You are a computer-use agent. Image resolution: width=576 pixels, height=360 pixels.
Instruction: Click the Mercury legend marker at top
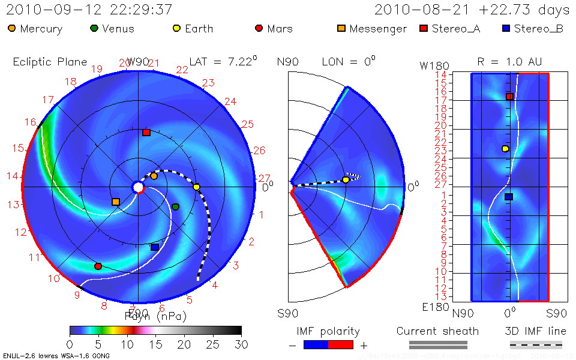(12, 28)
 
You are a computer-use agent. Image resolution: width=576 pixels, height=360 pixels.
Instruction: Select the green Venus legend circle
(94, 28)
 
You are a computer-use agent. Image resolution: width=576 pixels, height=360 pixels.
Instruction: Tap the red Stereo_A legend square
(424, 28)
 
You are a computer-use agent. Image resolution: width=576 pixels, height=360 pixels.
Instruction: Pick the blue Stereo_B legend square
(506, 28)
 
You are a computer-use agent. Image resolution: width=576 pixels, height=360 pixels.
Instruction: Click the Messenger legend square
(341, 28)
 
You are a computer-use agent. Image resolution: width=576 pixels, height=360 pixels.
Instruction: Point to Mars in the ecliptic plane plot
(98, 266)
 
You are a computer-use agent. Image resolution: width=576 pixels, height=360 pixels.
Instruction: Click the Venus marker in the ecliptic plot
(175, 207)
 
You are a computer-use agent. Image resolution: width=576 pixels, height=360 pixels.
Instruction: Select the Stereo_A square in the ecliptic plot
(146, 132)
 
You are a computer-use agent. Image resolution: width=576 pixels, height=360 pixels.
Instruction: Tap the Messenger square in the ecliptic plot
(116, 202)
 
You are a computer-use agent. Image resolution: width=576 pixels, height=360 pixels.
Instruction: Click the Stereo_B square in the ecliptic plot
(155, 247)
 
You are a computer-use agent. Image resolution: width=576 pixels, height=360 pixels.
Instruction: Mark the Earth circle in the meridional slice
(346, 179)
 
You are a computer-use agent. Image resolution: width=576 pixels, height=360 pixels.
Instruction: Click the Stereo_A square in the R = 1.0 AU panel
(509, 97)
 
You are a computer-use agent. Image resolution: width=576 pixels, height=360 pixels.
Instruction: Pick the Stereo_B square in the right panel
(509, 196)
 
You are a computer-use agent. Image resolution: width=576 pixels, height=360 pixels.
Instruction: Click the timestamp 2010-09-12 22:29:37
(89, 10)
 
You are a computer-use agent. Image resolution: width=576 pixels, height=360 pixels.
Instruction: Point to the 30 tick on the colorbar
(241, 344)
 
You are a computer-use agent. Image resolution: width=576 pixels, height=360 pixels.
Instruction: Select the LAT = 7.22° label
(223, 61)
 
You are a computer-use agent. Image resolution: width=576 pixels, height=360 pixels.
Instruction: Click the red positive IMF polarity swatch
(341, 344)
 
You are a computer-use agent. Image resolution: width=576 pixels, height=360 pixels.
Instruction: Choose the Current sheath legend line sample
(438, 344)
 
